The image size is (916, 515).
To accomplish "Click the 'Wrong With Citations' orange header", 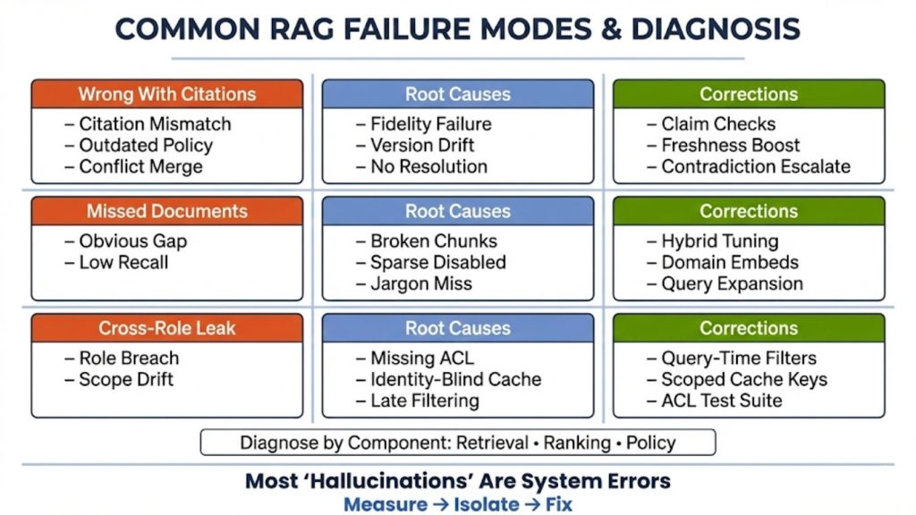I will click(166, 94).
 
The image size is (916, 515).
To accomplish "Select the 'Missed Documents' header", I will click(166, 211).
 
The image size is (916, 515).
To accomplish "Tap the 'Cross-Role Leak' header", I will click(166, 328).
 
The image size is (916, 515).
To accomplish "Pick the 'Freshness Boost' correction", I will click(730, 145).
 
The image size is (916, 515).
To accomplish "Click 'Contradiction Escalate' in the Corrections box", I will click(755, 166).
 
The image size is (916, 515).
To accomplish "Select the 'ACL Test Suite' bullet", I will click(721, 401).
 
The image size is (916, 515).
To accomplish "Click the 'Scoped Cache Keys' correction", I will click(743, 379).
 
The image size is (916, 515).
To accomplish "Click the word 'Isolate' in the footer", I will click(485, 503).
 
